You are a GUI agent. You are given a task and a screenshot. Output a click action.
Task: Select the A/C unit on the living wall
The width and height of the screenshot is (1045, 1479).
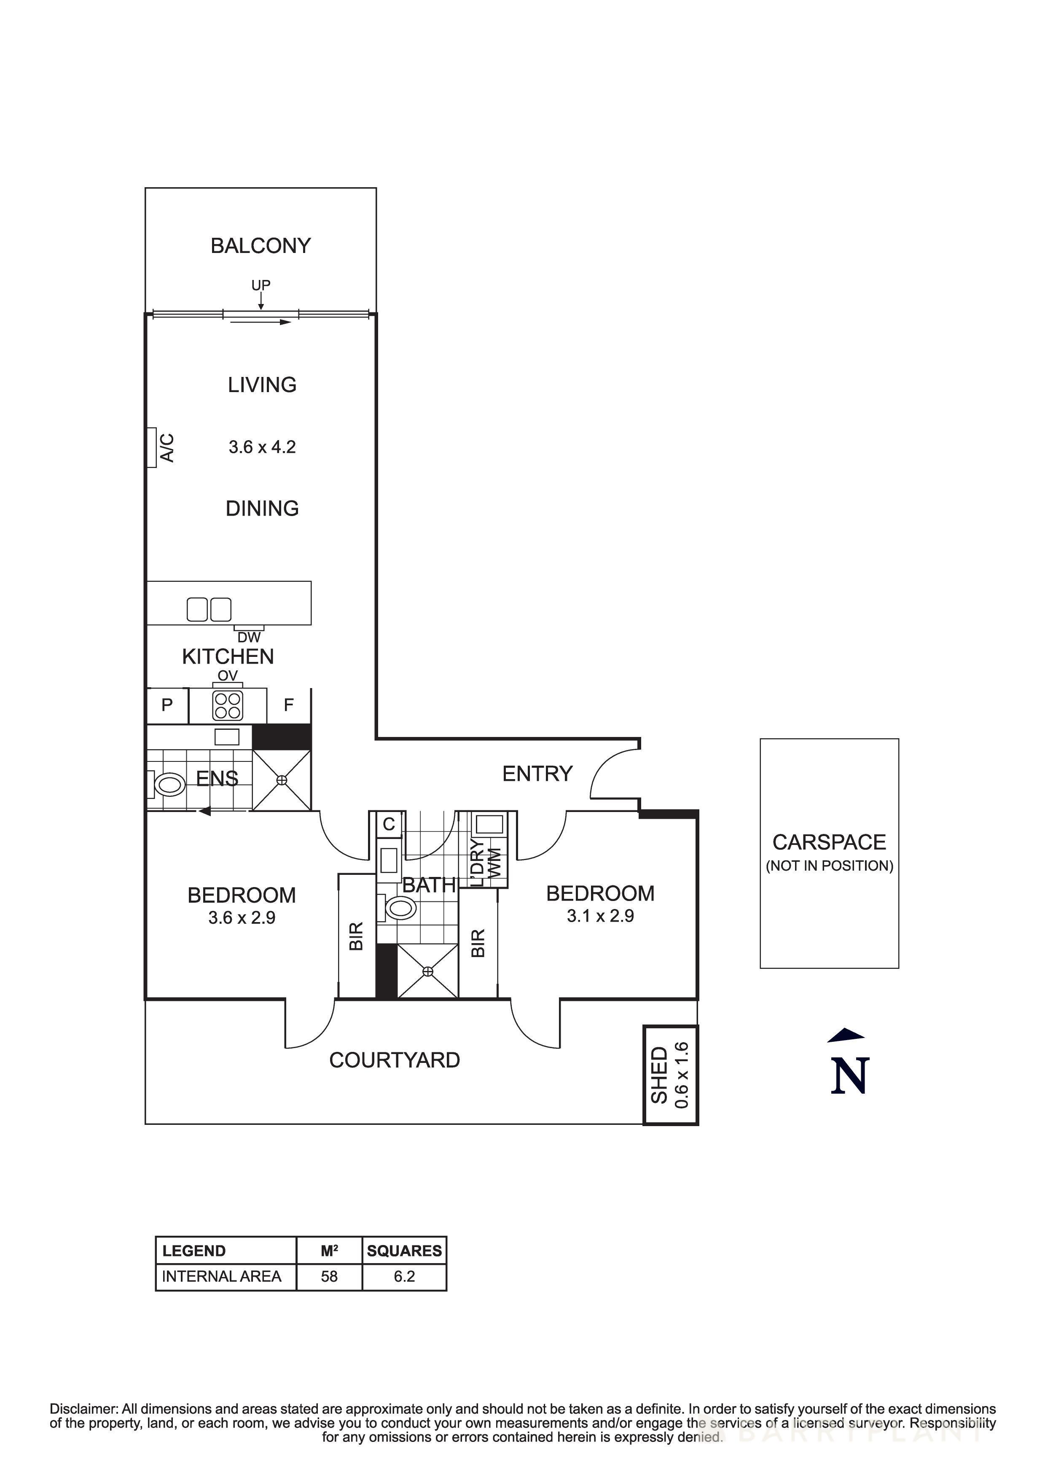point(152,447)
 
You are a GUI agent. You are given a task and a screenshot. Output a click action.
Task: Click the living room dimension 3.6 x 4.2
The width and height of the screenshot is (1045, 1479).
point(262,447)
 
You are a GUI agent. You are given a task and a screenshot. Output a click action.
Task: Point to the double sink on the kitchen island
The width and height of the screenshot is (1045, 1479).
point(209,609)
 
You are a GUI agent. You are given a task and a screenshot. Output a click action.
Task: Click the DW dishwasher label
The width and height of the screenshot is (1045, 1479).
point(249,637)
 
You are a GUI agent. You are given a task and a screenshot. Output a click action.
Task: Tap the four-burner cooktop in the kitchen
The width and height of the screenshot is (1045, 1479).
point(227,705)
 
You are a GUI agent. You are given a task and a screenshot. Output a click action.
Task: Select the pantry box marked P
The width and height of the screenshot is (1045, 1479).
point(167,705)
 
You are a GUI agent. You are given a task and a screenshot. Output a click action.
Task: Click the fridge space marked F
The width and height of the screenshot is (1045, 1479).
point(288,705)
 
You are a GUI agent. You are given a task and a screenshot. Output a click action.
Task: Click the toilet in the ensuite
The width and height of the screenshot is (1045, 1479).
point(168,785)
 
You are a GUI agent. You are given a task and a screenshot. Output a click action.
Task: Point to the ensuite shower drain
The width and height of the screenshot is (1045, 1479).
point(281,780)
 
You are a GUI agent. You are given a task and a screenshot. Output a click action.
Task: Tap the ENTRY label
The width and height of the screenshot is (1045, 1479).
point(537,773)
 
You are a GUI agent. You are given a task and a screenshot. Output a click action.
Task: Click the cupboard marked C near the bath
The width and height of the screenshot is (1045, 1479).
point(389,824)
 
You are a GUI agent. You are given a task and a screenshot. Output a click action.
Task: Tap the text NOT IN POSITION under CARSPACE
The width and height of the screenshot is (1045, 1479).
point(829,866)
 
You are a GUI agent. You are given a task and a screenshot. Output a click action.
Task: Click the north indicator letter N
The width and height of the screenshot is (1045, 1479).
point(849,1076)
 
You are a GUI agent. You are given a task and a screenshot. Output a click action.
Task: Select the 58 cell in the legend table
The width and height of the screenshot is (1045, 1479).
point(329,1276)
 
